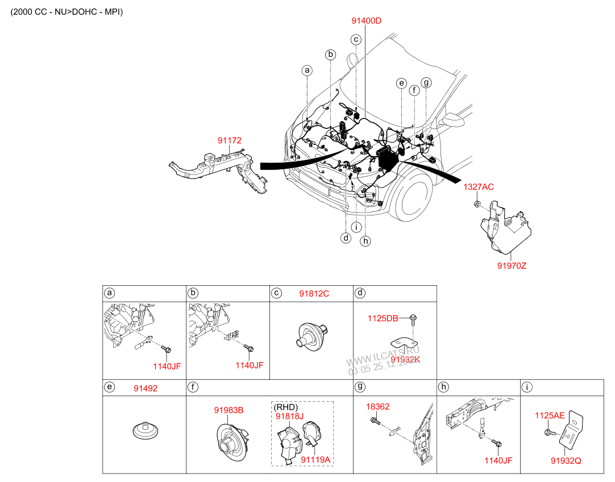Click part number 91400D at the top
[366, 21]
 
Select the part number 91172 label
[229, 139]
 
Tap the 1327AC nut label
[478, 187]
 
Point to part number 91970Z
[512, 265]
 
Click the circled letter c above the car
[356, 40]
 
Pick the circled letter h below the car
[365, 241]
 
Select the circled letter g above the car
[426, 83]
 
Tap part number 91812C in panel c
[314, 294]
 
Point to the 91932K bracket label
[405, 360]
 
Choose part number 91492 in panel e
[146, 388]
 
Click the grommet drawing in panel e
[145, 430]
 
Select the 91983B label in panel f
[228, 410]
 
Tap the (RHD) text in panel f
[286, 407]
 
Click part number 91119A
[315, 459]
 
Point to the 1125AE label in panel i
[549, 416]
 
